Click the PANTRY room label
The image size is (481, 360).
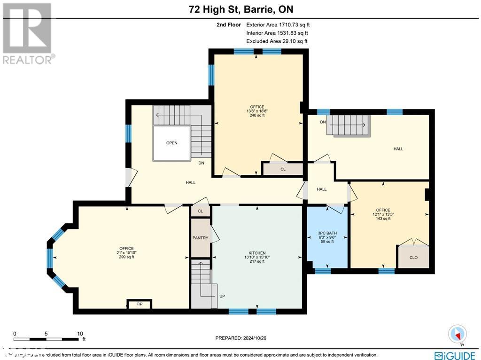click(200, 238)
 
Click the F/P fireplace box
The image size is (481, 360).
click(139, 305)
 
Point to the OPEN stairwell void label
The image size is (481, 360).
click(171, 143)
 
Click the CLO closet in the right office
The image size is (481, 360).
click(413, 257)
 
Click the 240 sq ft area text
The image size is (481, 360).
click(257, 116)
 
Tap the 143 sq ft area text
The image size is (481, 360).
click(383, 219)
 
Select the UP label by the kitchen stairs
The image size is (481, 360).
click(223, 297)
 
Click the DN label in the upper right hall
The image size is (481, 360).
click(323, 122)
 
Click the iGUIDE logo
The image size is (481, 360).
click(455, 355)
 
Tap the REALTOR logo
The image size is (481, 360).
click(28, 33)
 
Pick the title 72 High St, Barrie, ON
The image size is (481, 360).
click(240, 9)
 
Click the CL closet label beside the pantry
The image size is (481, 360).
click(201, 211)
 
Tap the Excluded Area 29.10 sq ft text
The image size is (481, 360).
click(277, 41)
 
